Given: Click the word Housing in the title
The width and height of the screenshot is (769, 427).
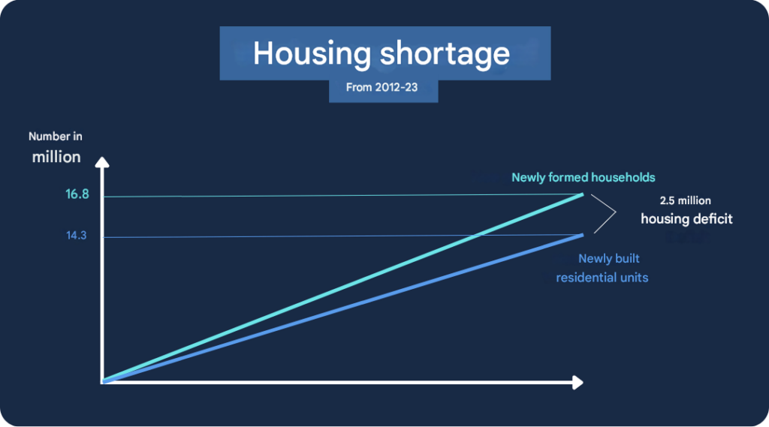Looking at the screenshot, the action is click(312, 53).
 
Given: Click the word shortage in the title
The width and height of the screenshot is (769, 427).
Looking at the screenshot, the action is click(445, 53).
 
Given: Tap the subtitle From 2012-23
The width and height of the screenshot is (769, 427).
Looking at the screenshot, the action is click(381, 87).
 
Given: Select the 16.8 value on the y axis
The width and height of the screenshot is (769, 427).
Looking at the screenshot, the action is click(77, 194).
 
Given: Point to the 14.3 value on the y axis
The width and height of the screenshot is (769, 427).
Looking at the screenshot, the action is click(77, 236).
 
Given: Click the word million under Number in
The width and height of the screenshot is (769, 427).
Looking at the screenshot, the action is click(56, 157).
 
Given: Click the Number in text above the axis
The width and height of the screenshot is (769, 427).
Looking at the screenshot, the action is click(56, 137).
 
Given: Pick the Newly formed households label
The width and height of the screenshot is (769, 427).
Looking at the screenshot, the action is click(583, 177).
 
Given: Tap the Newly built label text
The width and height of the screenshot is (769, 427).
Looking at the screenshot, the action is click(608, 258).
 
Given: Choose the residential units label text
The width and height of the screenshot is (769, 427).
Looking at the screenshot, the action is click(602, 278).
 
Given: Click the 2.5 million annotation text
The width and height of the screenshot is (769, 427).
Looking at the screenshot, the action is click(685, 200).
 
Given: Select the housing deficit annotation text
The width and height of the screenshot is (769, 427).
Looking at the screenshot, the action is click(686, 218).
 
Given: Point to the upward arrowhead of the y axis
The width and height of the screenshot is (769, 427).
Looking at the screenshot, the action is click(102, 162).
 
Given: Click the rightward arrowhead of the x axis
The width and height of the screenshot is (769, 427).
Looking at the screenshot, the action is click(578, 383).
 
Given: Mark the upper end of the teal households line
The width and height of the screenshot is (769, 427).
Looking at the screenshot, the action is click(583, 194).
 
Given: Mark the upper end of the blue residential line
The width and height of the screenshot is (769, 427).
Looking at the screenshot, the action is click(583, 236).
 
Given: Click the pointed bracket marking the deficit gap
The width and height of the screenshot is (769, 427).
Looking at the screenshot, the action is click(615, 213).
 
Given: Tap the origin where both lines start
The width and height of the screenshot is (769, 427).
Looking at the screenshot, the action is click(103, 381).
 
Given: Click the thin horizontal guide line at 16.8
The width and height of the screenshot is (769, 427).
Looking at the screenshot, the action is click(342, 196).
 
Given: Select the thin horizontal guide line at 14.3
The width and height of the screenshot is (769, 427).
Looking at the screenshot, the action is click(342, 236).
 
